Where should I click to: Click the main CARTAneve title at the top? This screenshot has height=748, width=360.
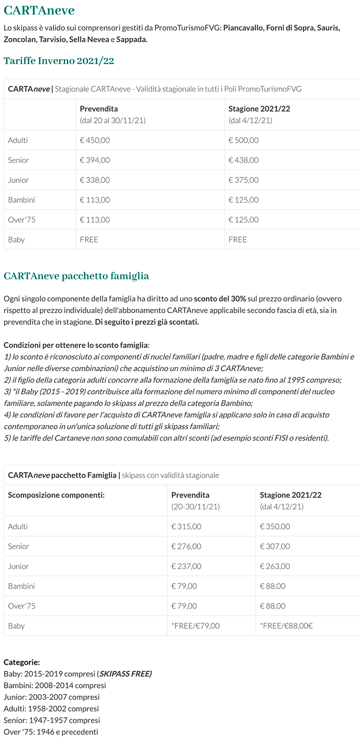pyautogui.click(x=39, y=10)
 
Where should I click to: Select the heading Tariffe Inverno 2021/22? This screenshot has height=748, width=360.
pyautogui.click(x=59, y=61)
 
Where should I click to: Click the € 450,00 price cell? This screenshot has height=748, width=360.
pyautogui.click(x=95, y=140)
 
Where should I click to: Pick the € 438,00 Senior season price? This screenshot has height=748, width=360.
pyautogui.click(x=243, y=160)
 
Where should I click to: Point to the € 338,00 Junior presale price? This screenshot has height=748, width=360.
pyautogui.click(x=95, y=180)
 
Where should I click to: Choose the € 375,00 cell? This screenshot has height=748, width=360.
pyautogui.click(x=243, y=180)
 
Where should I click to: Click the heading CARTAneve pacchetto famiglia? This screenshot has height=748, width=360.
pyautogui.click(x=76, y=276)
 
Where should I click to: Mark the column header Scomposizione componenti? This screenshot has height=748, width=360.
pyautogui.click(x=57, y=495)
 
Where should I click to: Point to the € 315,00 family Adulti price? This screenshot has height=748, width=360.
pyautogui.click(x=186, y=526)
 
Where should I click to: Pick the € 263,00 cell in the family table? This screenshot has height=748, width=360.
pyautogui.click(x=275, y=567)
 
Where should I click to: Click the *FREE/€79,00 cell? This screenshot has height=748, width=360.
pyautogui.click(x=195, y=626)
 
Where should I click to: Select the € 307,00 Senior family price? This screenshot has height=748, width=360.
pyautogui.click(x=275, y=546)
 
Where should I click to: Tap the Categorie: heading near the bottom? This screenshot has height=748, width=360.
pyautogui.click(x=22, y=662)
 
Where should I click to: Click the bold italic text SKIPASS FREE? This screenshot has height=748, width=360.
pyautogui.click(x=125, y=674)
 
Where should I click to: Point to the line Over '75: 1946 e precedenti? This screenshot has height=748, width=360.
pyautogui.click(x=51, y=732)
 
